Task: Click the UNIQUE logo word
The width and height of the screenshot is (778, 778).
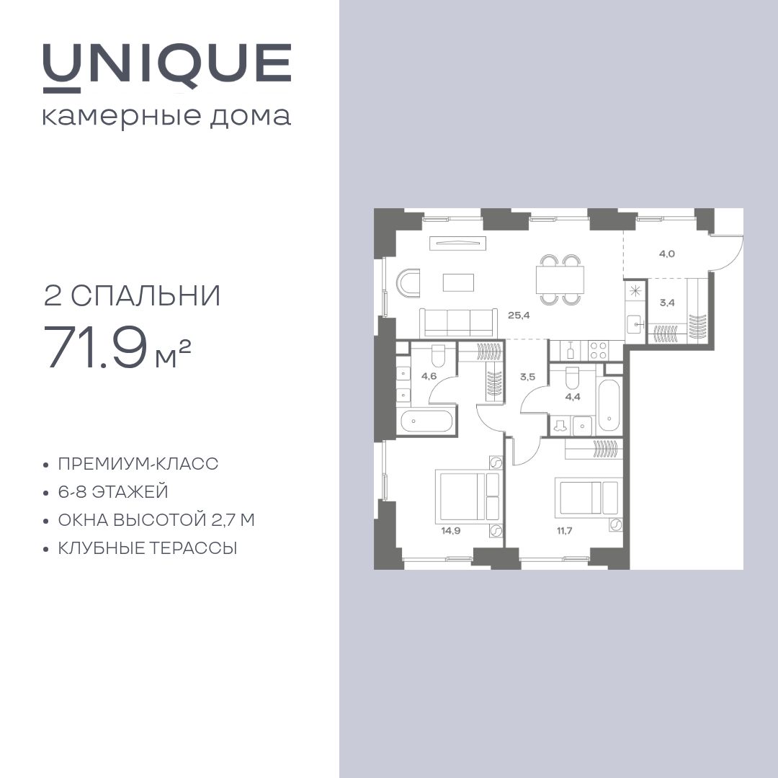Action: [166, 65]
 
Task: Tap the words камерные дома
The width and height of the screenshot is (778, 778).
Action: [166, 116]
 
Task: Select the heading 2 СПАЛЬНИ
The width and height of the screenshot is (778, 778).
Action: [133, 296]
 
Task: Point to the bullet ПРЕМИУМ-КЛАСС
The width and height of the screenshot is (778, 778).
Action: [138, 464]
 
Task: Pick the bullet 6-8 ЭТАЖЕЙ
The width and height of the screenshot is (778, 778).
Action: [113, 492]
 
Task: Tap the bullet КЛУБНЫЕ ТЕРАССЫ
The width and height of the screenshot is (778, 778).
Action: [148, 548]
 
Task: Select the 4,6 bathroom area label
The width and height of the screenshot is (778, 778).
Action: [429, 375]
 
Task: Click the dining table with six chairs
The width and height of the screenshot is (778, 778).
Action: [560, 280]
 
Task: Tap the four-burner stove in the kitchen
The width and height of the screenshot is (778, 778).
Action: [599, 350]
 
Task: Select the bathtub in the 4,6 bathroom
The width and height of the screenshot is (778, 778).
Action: [427, 421]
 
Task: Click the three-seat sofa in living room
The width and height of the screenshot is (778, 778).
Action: [458, 321]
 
